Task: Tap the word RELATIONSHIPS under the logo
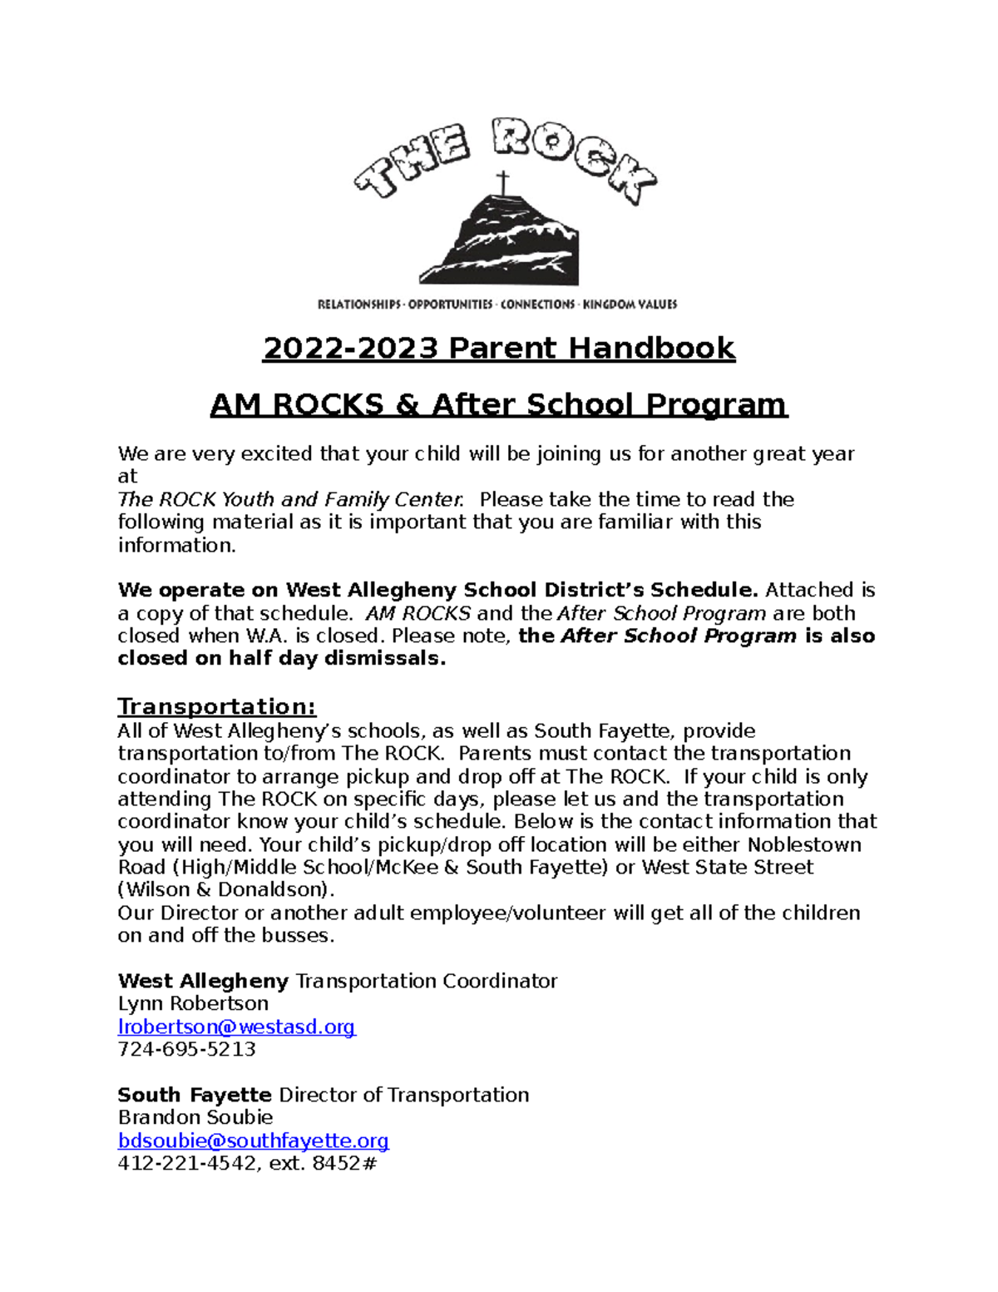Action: [x=358, y=304]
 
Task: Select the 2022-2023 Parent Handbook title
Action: [x=499, y=348]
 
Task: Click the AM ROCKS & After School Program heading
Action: [x=499, y=404]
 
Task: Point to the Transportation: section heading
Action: [x=216, y=706]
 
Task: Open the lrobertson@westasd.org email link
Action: [x=236, y=1027]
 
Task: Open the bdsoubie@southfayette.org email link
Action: [x=253, y=1140]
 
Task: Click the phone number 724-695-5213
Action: [x=186, y=1049]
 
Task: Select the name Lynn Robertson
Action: [x=193, y=1003]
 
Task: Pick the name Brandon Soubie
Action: [x=195, y=1117]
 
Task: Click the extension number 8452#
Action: [x=344, y=1163]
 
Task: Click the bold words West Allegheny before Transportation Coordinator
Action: [x=203, y=981]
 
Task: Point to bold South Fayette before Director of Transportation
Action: [x=195, y=1095]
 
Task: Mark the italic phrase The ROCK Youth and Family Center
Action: [x=289, y=499]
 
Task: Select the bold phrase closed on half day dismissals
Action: [x=281, y=658]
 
